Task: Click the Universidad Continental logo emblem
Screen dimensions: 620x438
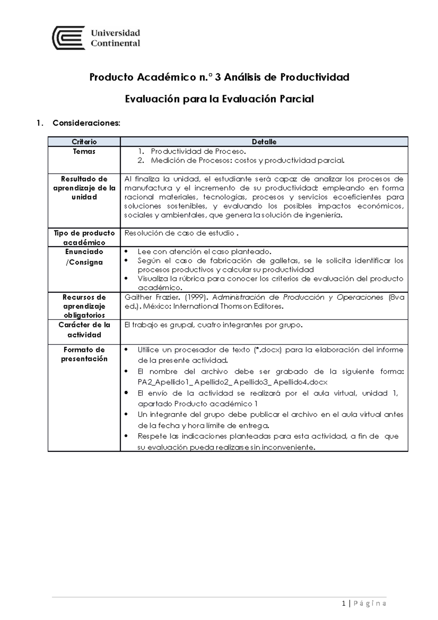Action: (x=69, y=38)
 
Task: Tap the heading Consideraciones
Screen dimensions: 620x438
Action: (x=86, y=123)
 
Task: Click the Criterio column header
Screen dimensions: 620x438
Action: (x=84, y=142)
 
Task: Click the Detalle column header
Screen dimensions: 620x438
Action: (x=264, y=142)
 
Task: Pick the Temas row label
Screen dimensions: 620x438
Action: (x=84, y=152)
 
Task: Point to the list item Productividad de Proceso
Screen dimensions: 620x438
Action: (x=199, y=152)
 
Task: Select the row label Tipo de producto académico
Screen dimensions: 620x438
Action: (x=84, y=238)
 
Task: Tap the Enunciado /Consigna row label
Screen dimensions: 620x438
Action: (x=84, y=257)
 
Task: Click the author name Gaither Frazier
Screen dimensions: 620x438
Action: (x=152, y=298)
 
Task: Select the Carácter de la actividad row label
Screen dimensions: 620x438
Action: (x=84, y=330)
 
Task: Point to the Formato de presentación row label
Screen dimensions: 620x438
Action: (x=84, y=354)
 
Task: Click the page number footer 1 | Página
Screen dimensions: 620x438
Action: (x=364, y=603)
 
